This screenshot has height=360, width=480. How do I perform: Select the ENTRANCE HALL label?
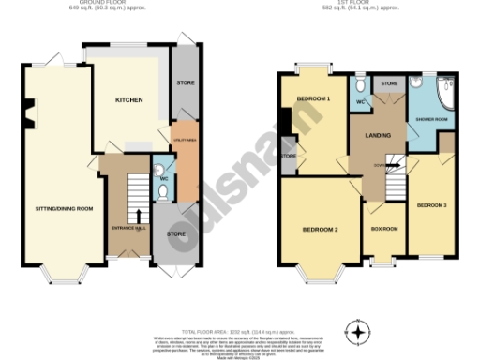click(x=127, y=227)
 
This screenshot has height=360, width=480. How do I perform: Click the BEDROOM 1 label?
click(x=313, y=99)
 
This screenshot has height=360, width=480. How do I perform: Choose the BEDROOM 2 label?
click(x=320, y=230)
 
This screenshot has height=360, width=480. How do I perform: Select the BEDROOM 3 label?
click(x=431, y=204)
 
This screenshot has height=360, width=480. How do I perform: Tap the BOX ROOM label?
click(x=384, y=228)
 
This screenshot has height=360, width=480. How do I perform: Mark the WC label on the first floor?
click(x=360, y=101)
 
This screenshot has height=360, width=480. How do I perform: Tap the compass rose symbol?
click(x=356, y=331)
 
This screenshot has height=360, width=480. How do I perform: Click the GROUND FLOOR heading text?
click(x=123, y=3)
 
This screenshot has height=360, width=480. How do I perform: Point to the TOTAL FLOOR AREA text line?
click(x=239, y=307)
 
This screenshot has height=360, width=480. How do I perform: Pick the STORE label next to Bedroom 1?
click(x=288, y=157)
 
